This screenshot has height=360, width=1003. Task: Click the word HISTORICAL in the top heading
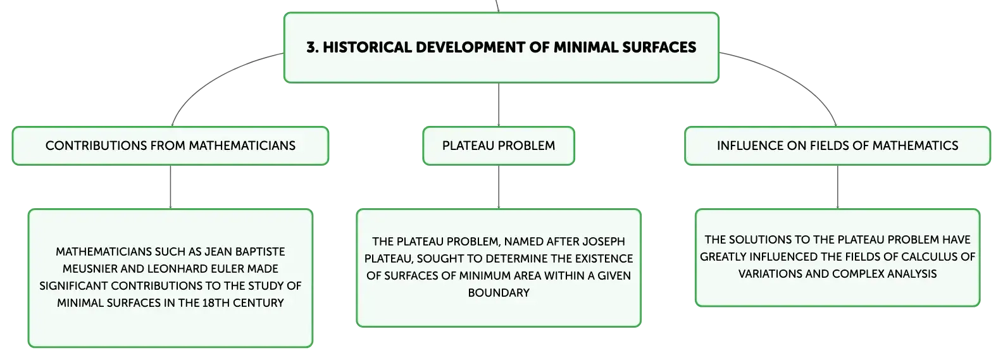(367, 47)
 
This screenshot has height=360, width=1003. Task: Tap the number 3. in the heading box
(313, 47)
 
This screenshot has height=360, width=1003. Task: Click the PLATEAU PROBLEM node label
(499, 146)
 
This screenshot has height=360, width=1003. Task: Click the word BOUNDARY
(499, 293)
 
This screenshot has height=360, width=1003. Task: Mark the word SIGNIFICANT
(73, 286)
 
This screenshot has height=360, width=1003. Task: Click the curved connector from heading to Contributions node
(211, 80)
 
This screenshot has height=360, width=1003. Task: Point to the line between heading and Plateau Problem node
(499, 105)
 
